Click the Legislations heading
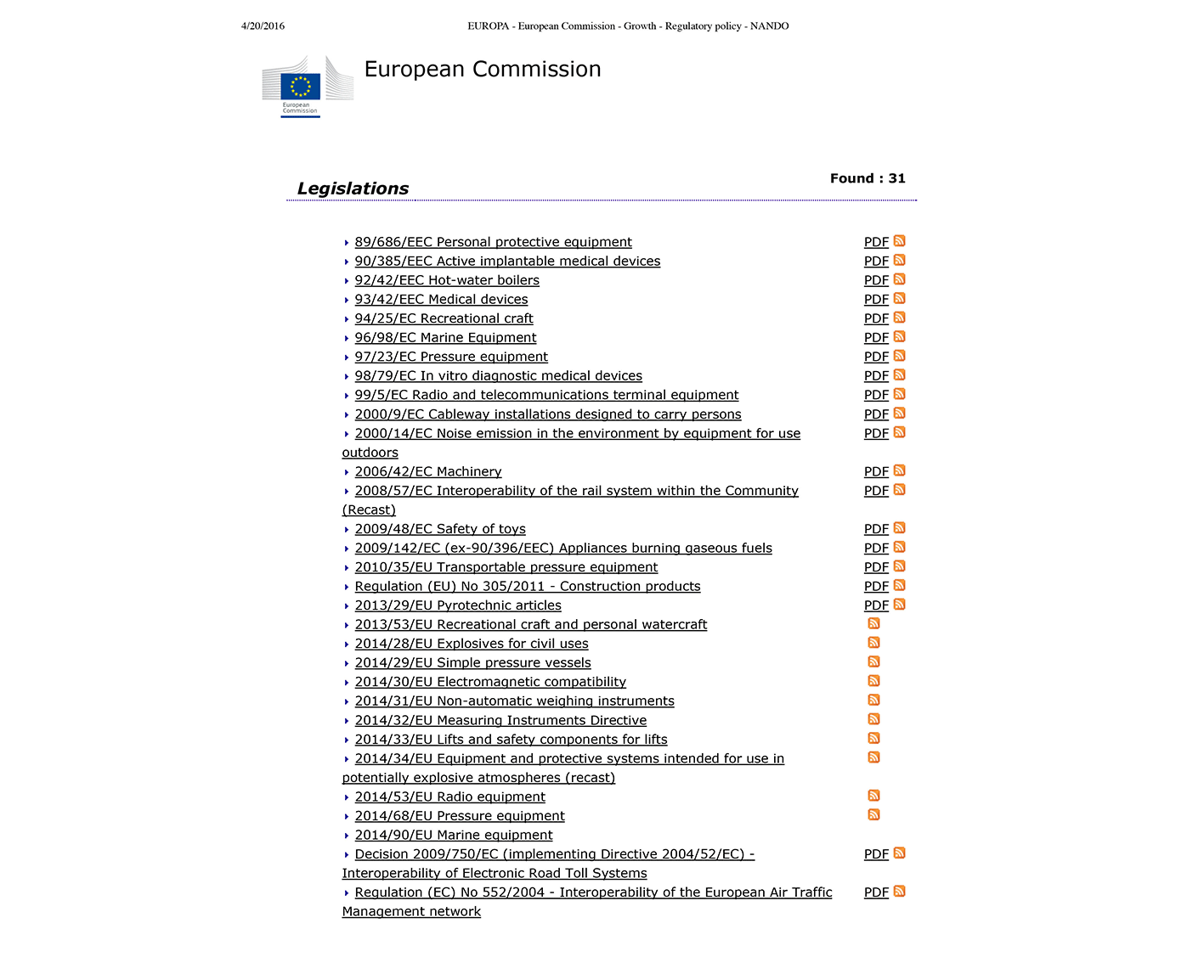click(x=353, y=189)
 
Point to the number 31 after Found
click(x=896, y=178)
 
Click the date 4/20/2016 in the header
click(x=263, y=26)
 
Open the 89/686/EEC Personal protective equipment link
click(x=493, y=242)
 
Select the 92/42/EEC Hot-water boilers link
click(x=447, y=280)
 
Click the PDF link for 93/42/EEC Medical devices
click(x=876, y=300)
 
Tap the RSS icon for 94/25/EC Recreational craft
click(x=900, y=318)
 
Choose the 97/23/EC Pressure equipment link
click(x=451, y=357)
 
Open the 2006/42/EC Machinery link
click(x=428, y=471)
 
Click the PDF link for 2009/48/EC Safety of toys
click(x=876, y=529)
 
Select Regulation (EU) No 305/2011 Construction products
click(x=528, y=586)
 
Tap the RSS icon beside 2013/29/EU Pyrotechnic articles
click(x=900, y=605)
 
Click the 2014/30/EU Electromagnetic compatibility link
click(x=490, y=682)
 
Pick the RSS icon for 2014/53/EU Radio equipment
click(x=873, y=796)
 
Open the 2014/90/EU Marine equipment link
click(x=454, y=835)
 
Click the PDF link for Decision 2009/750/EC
click(x=876, y=854)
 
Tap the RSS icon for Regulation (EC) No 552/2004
click(x=900, y=892)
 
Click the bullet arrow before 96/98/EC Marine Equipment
click(x=347, y=339)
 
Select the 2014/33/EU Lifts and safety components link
click(x=511, y=740)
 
